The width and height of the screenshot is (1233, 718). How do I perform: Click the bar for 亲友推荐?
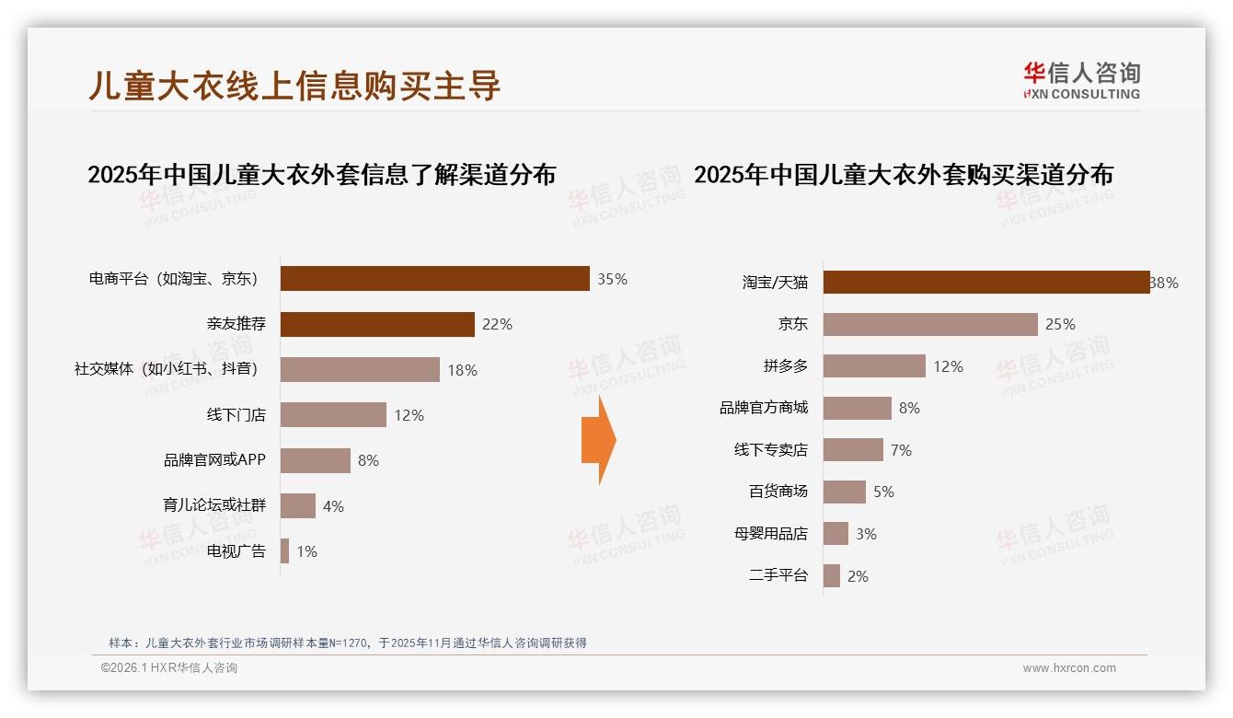(x=377, y=324)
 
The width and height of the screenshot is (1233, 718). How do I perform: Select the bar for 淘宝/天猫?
(x=985, y=283)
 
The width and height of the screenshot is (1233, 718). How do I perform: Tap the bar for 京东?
(x=930, y=324)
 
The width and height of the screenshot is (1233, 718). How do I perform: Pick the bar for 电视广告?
(x=284, y=551)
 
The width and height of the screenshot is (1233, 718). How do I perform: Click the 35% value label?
(x=612, y=279)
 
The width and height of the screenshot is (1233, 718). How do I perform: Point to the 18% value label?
(x=462, y=370)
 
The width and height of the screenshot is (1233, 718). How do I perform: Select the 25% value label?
(x=1060, y=324)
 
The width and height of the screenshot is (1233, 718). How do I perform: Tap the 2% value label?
(x=858, y=576)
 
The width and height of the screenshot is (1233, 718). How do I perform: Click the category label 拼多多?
(x=785, y=366)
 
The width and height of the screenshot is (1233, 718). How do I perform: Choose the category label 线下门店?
(x=236, y=415)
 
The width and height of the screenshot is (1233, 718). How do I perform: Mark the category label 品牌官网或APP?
(x=214, y=460)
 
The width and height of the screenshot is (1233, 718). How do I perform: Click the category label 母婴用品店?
(x=771, y=534)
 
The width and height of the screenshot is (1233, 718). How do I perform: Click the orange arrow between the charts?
(x=598, y=440)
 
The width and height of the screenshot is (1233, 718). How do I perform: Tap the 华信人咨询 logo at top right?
(x=1081, y=80)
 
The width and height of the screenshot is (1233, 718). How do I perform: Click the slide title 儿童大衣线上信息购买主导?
(x=294, y=85)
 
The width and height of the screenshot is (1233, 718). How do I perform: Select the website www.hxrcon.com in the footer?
(x=1069, y=668)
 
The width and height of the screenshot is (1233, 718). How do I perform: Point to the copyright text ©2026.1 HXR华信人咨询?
(x=169, y=668)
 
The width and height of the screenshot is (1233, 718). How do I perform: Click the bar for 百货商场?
(x=844, y=492)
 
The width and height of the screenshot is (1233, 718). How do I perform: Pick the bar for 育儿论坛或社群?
(x=297, y=506)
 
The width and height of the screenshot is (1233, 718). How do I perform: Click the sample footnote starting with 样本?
(x=348, y=643)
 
